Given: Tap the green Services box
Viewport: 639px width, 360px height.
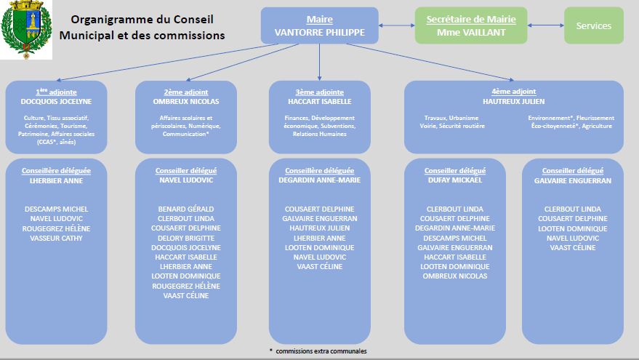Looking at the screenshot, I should coord(594,25).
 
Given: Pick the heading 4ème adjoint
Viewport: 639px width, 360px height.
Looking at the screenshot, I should coord(513,92).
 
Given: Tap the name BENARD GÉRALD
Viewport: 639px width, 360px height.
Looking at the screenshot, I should coord(186,209).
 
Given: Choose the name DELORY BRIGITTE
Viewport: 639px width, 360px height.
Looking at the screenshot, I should coord(186,238).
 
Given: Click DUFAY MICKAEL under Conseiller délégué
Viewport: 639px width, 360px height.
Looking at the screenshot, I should coord(454,180).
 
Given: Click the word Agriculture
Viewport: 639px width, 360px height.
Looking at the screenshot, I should coord(596,127).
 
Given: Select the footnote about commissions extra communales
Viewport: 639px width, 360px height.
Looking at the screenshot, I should coord(318,351).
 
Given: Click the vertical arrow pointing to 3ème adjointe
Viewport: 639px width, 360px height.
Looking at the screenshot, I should coord(319,62).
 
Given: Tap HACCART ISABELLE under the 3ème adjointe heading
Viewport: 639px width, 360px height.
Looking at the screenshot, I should coord(319,102).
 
